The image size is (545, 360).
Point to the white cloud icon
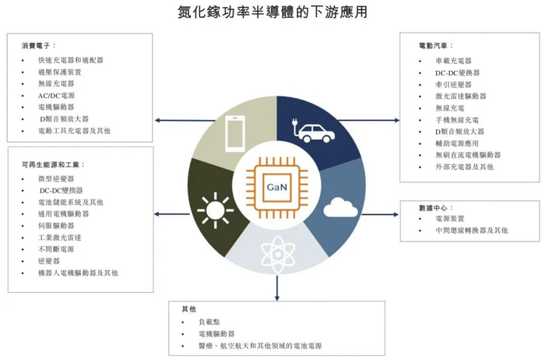click(x=340, y=207)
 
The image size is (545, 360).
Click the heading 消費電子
click(x=39, y=46)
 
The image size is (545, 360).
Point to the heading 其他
click(x=188, y=309)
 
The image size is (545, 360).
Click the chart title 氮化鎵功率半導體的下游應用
click(x=272, y=12)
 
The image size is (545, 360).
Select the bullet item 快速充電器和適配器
click(x=70, y=60)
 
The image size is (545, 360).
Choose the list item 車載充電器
click(x=453, y=61)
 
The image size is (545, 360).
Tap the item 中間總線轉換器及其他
click(x=472, y=231)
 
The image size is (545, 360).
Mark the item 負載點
click(x=210, y=321)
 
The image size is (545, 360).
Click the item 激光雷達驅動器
click(x=461, y=96)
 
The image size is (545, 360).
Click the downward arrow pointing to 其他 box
click(x=276, y=292)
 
